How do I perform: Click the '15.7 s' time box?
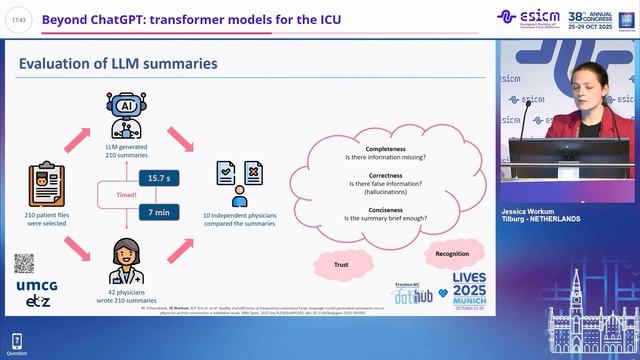(157, 177)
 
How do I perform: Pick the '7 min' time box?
(157, 212)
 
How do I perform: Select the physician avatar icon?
(121, 255)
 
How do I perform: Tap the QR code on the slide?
(25, 263)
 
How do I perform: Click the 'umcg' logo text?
(27, 286)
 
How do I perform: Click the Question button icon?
(17, 342)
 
